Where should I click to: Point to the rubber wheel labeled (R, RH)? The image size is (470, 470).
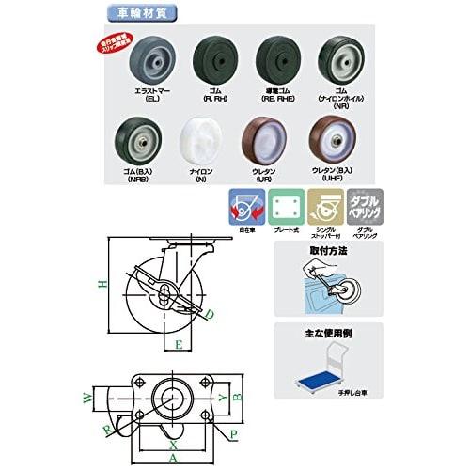coord(210,57)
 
